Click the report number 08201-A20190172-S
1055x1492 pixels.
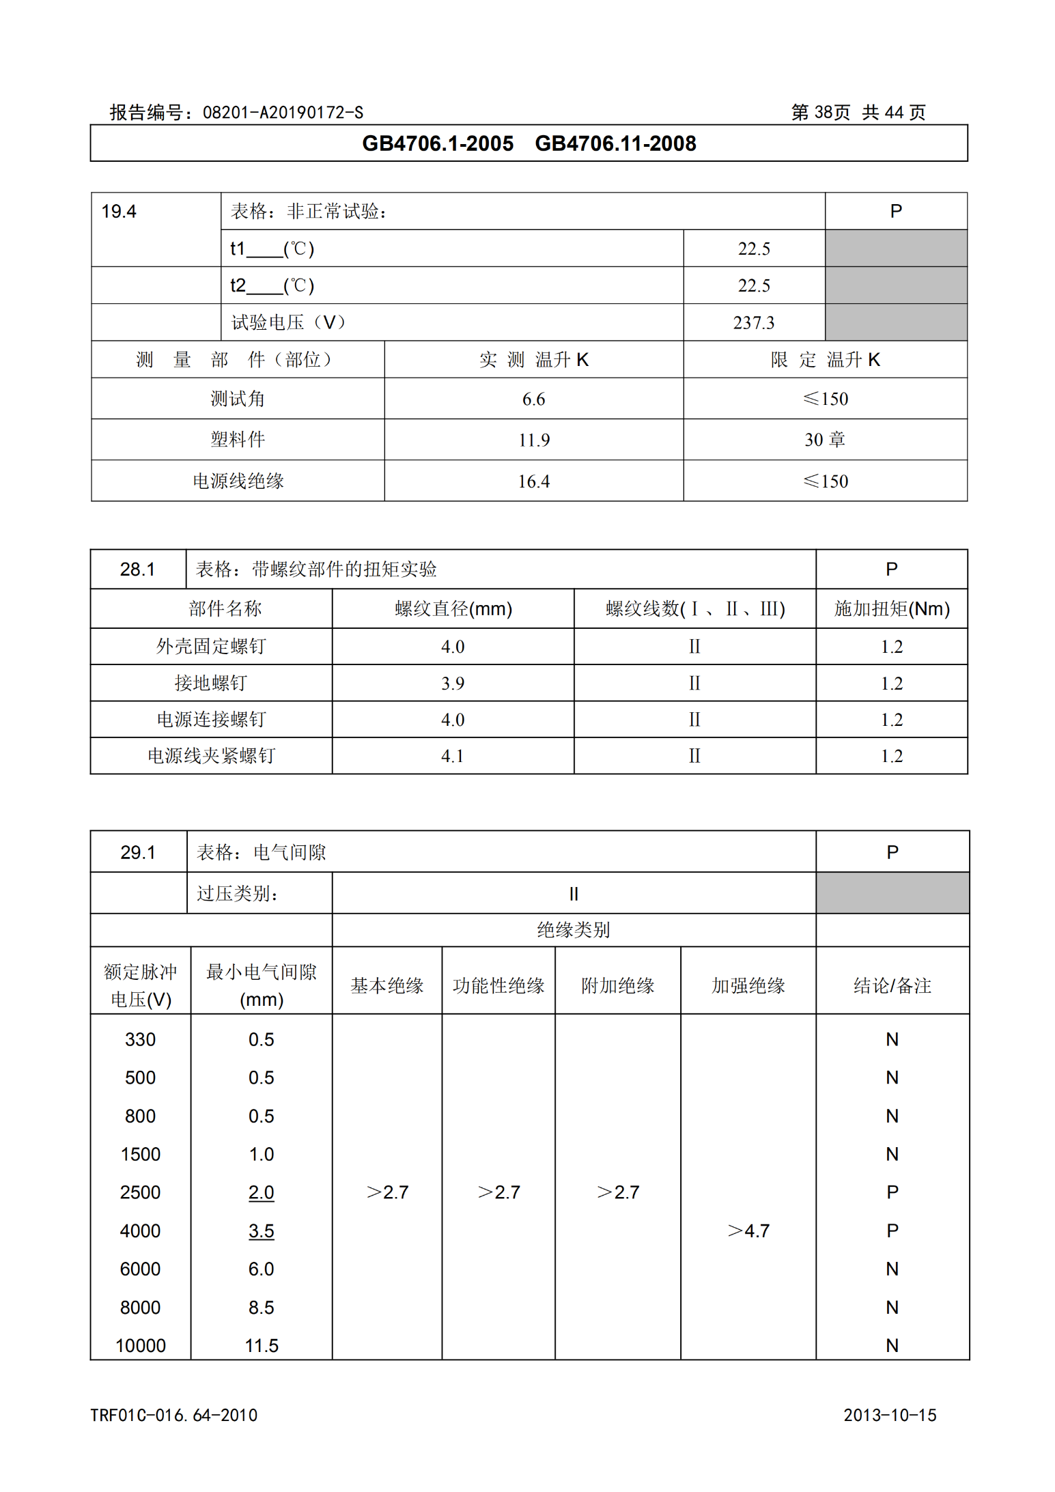(x=283, y=113)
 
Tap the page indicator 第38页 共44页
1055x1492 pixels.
(x=858, y=113)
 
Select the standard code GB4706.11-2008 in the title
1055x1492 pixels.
(x=615, y=143)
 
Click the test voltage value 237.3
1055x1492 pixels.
(x=753, y=322)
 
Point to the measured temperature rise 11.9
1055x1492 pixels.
(x=533, y=440)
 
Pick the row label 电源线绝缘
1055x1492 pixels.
(x=238, y=481)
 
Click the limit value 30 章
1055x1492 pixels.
(x=825, y=440)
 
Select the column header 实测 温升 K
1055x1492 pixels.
(x=533, y=360)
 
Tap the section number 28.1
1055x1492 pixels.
(x=137, y=569)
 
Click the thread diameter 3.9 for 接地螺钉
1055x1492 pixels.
(x=453, y=684)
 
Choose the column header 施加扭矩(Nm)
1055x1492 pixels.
(x=891, y=608)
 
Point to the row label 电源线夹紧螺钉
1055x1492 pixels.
(x=211, y=756)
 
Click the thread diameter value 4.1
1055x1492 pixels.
(x=453, y=756)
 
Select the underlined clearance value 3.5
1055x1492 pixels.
(x=261, y=1231)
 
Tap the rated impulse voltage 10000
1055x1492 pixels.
(x=141, y=1346)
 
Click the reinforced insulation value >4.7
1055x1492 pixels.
(x=748, y=1231)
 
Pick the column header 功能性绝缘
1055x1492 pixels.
(x=498, y=985)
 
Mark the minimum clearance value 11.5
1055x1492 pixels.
(x=262, y=1346)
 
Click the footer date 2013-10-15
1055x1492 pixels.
(x=890, y=1415)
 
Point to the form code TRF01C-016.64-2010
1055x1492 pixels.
(x=174, y=1415)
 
